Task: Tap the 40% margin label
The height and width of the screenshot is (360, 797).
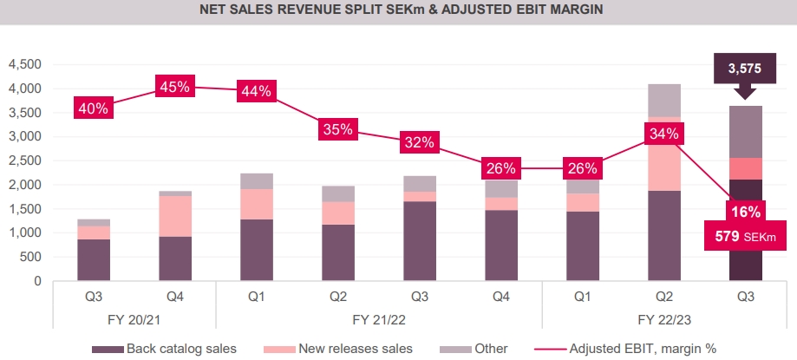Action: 93,108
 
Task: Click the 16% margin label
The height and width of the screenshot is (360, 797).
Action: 745,212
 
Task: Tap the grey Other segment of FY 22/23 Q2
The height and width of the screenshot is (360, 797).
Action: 664,101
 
